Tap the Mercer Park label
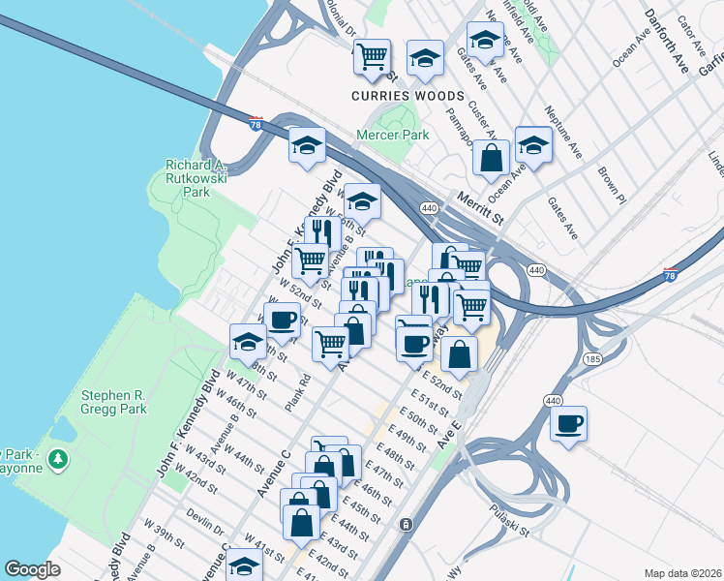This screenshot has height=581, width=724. pyautogui.click(x=392, y=135)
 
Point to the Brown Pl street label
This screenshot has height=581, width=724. pyautogui.click(x=612, y=183)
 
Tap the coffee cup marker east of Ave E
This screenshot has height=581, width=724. pyautogui.click(x=568, y=423)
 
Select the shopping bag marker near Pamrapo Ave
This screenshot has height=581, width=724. pyautogui.click(x=492, y=158)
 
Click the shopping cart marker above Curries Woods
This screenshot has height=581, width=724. pyautogui.click(x=371, y=57)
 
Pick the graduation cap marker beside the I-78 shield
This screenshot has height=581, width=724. pyautogui.click(x=307, y=145)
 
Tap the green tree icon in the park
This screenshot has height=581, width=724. pyautogui.click(x=60, y=456)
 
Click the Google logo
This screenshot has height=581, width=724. pyautogui.click(x=33, y=569)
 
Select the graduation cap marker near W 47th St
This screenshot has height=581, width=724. pyautogui.click(x=248, y=341)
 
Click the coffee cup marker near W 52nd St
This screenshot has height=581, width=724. pyautogui.click(x=283, y=320)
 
